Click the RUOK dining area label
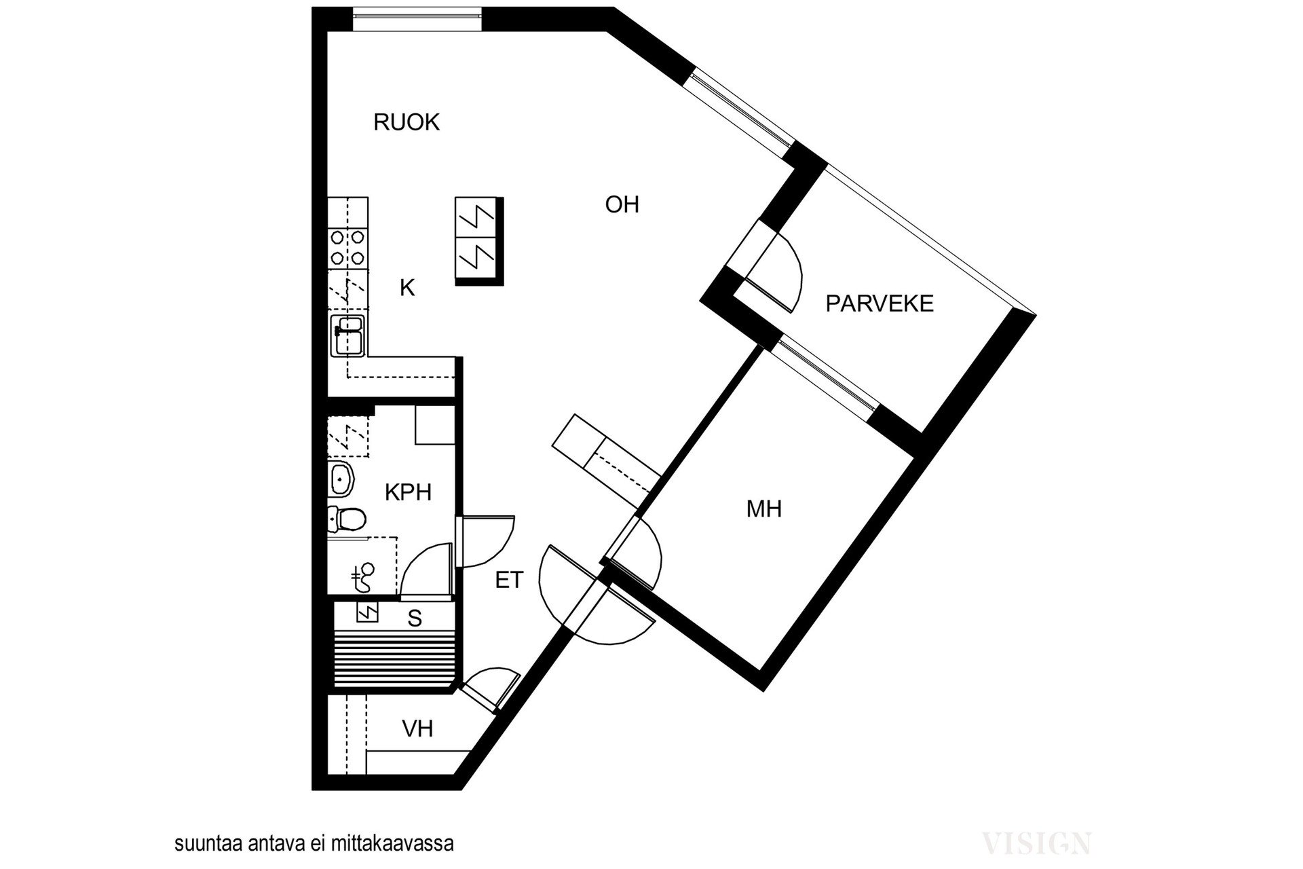(x=407, y=122)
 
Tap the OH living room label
(x=622, y=204)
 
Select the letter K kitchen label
(x=407, y=288)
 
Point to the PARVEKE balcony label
(x=880, y=303)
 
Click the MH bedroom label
(x=764, y=509)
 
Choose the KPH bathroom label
(x=408, y=492)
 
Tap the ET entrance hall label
(x=509, y=580)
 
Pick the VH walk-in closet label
(x=417, y=728)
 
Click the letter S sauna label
(x=415, y=618)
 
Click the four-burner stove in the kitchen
(x=347, y=248)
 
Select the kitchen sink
(x=347, y=335)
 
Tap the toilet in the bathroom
(x=347, y=519)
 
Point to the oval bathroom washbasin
(x=341, y=479)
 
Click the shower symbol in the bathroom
(x=363, y=577)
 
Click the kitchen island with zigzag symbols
(x=479, y=242)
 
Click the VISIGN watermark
(x=1037, y=843)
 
